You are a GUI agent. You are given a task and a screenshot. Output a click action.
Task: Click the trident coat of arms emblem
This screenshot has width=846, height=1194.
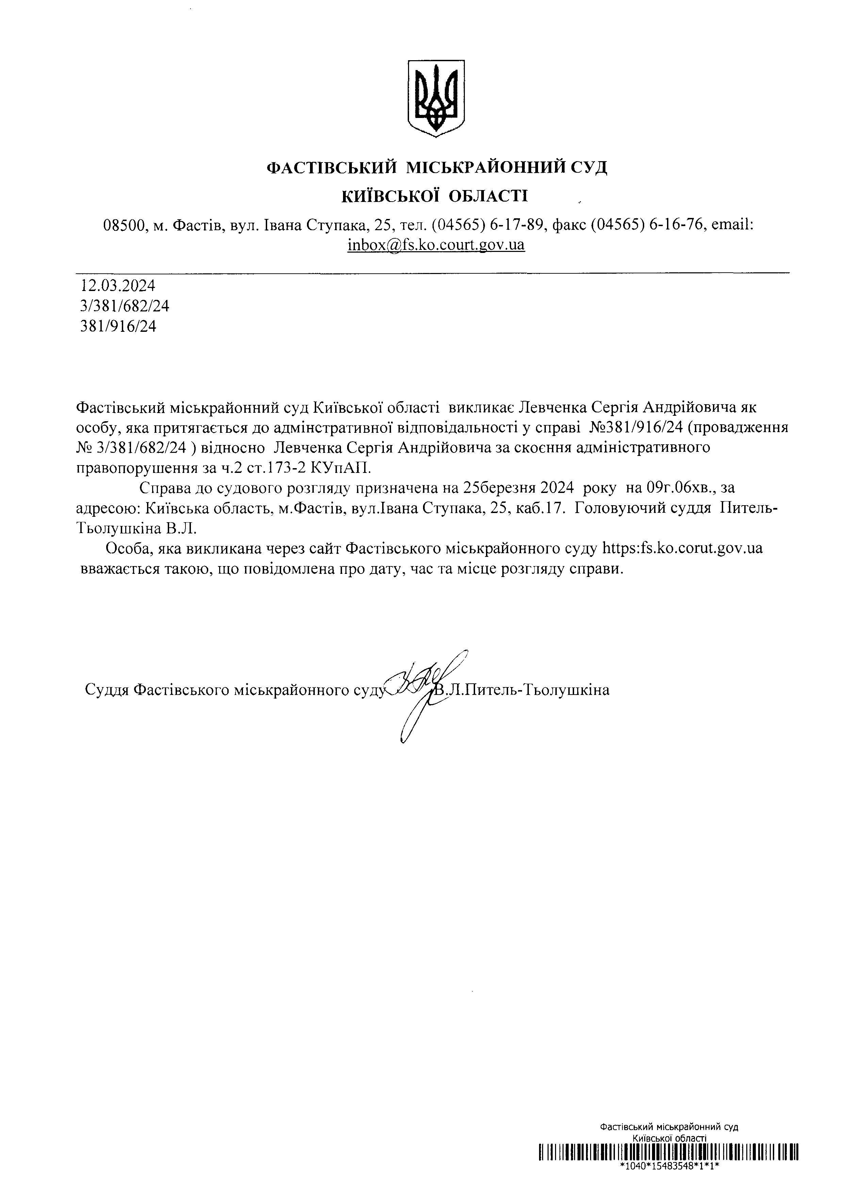pos(436,98)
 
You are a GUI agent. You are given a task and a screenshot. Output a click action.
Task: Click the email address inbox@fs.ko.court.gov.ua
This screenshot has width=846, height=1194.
pos(436,245)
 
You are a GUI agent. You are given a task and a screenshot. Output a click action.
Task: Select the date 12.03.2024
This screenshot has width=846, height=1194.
pos(118,285)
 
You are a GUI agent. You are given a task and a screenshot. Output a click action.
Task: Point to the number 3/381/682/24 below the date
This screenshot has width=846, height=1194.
pos(125,306)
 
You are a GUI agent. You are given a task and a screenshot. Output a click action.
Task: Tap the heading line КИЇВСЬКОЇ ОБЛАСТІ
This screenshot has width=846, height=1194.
pos(435,196)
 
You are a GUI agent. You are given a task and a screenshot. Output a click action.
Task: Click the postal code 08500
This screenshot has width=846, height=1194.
pos(125,225)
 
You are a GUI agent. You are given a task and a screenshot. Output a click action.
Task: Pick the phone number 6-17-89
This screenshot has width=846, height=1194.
pos(517,225)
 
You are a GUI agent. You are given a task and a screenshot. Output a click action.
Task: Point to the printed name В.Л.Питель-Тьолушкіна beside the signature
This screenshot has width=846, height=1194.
pos(522,690)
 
